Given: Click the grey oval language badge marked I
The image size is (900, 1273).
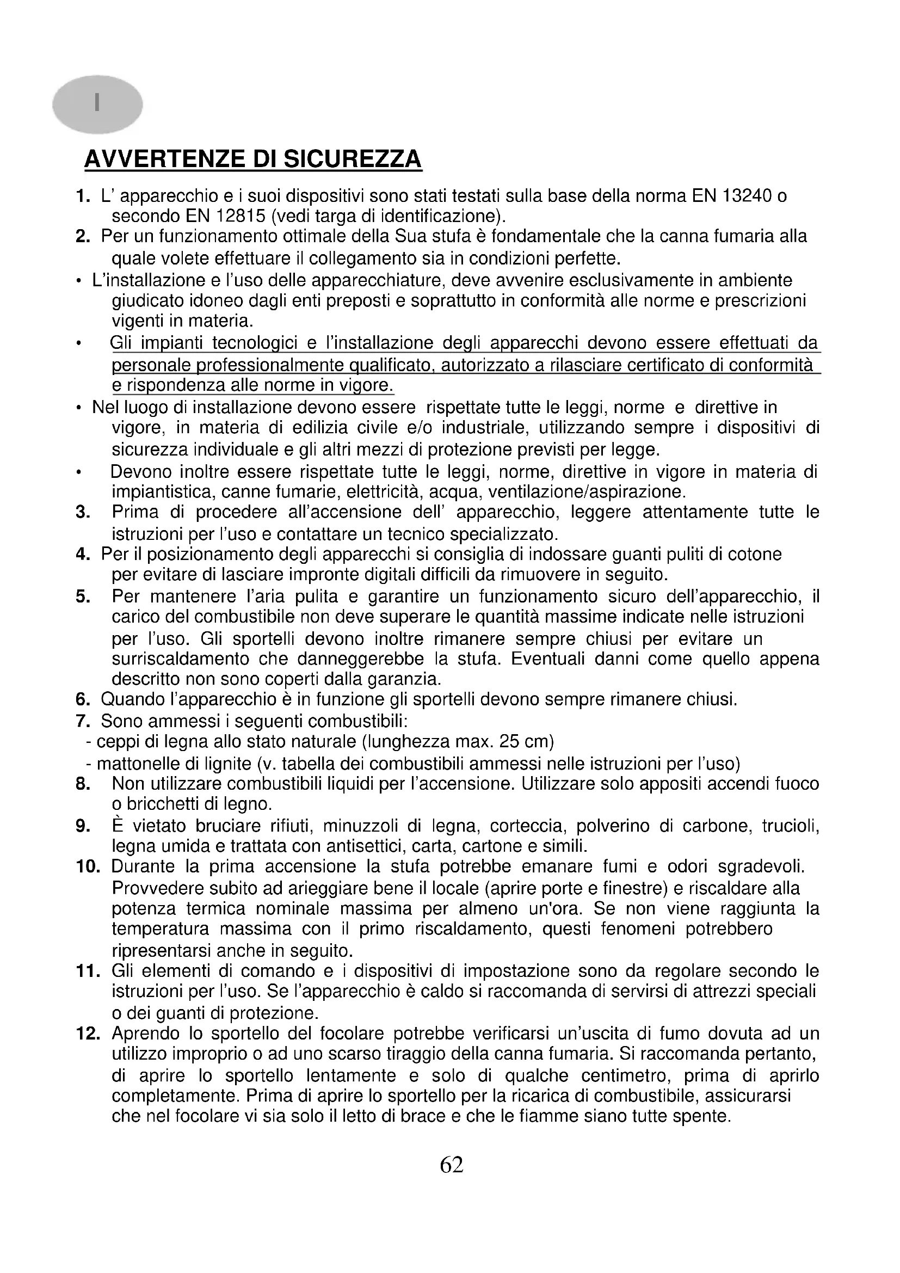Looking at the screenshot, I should pyautogui.click(x=97, y=104).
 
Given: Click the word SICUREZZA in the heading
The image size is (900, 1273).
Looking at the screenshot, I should pyautogui.click(x=353, y=159).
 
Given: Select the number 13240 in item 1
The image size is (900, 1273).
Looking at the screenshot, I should pyautogui.click(x=746, y=196).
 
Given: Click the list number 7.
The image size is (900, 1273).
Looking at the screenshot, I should pyautogui.click(x=83, y=721).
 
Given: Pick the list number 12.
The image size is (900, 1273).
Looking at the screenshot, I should pyautogui.click(x=88, y=1034).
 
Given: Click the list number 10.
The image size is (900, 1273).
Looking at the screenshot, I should pyautogui.click(x=88, y=866).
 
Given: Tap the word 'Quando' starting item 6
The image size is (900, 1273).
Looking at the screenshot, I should pyautogui.click(x=132, y=700).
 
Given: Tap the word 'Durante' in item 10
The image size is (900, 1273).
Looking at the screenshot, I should pyautogui.click(x=143, y=866).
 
